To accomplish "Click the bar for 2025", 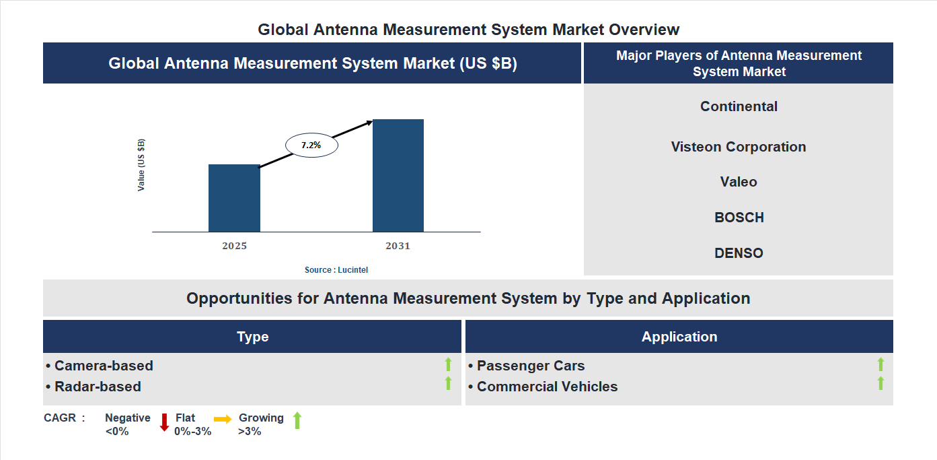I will coord(234,198).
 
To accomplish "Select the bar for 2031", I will coord(398,176).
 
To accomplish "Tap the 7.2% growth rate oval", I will coord(311,145).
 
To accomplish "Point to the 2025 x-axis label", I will coord(234,246).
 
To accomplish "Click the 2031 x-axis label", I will coord(398,246).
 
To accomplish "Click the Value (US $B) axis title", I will coord(141,165).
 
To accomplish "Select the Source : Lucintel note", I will coord(336,269).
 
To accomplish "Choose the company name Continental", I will coord(739,106).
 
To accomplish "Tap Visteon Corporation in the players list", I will coord(739,147).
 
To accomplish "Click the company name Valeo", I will coord(739,182).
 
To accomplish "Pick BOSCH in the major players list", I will coord(739,218).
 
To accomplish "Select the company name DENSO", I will coord(739,253).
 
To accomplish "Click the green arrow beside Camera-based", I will coord(448,365).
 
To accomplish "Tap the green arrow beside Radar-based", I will coord(448,384).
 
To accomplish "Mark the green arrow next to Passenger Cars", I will coord(880,365).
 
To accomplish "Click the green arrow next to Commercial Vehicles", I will coord(880,384).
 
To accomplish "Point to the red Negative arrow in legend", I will coord(164,422).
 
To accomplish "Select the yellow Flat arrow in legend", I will coord(223,419).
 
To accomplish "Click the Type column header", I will coord(252,337).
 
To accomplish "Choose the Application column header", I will coord(679,337).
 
